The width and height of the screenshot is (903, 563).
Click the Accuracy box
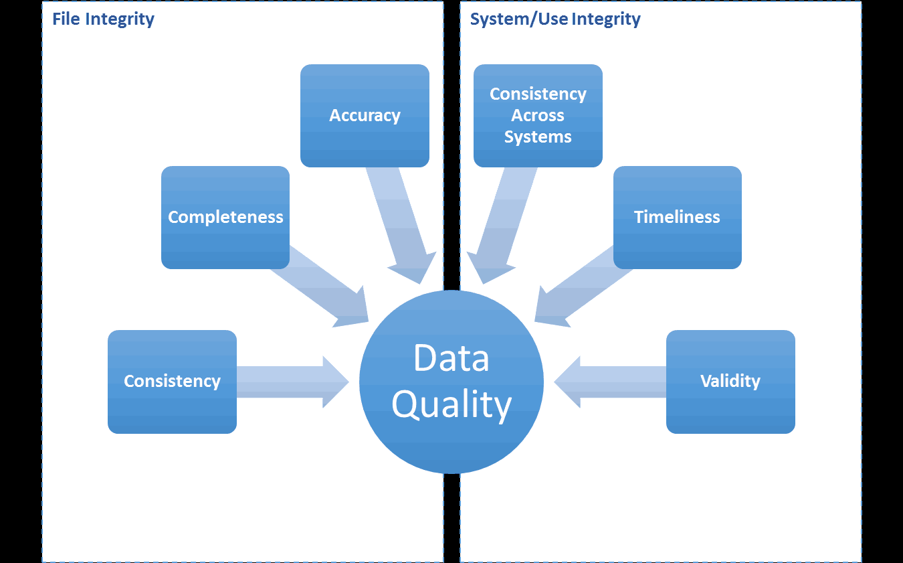pyautogui.click(x=365, y=116)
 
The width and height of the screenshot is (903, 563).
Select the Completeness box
pyautogui.click(x=225, y=218)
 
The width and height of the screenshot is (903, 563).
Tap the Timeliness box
pyautogui.click(x=677, y=218)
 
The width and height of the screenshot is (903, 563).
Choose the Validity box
pyautogui.click(x=730, y=382)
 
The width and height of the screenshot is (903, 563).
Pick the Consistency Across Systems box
pyautogui.click(x=538, y=116)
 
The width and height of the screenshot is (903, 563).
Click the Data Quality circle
pyautogui.click(x=451, y=382)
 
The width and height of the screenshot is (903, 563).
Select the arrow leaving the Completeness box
pyautogui.click(x=320, y=287)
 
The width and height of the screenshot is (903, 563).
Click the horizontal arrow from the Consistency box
pyautogui.click(x=292, y=382)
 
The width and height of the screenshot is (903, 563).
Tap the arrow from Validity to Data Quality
pyautogui.click(x=610, y=382)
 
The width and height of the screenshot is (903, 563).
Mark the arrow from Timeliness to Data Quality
pyautogui.click(x=583, y=287)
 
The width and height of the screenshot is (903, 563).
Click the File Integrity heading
pyautogui.click(x=103, y=19)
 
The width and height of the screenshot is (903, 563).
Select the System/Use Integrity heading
pyautogui.click(x=555, y=19)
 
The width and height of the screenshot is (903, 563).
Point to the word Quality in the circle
pyautogui.click(x=451, y=405)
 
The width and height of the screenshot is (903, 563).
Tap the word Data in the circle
pyautogui.click(x=451, y=357)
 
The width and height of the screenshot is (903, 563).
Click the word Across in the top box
pyautogui.click(x=538, y=115)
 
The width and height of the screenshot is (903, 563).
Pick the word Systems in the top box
pyautogui.click(x=538, y=137)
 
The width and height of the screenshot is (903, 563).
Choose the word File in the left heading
pyautogui.click(x=66, y=19)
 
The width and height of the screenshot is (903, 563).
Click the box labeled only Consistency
pyautogui.click(x=172, y=382)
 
